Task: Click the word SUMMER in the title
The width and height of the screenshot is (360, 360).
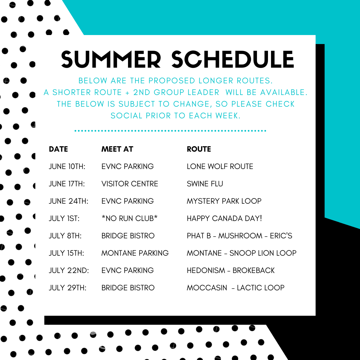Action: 111,59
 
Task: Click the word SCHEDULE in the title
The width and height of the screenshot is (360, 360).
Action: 233,59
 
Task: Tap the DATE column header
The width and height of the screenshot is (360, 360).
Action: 58,149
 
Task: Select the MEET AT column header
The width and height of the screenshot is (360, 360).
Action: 117,149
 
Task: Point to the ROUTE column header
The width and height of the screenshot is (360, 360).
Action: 199,149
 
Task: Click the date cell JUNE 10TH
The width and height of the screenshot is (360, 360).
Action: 67,166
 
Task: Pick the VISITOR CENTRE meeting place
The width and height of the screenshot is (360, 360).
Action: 130,184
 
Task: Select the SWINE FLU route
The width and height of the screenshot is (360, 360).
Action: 205,184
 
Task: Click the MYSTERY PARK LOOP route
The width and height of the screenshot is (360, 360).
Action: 224,201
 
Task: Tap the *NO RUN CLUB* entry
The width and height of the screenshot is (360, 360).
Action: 129,218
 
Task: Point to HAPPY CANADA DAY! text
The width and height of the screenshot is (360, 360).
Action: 224,218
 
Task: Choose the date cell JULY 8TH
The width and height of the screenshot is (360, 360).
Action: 65,236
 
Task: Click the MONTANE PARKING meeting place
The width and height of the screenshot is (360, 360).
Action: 135,253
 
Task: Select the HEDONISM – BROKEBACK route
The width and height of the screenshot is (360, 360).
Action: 231,270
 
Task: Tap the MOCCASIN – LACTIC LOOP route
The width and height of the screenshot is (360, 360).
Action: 236,288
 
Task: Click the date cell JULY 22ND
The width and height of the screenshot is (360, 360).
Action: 69,270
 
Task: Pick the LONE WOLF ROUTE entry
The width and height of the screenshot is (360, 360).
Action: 220,166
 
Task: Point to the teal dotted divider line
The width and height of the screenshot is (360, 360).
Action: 170,131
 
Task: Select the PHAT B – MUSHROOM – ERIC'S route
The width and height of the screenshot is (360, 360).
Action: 239,236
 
